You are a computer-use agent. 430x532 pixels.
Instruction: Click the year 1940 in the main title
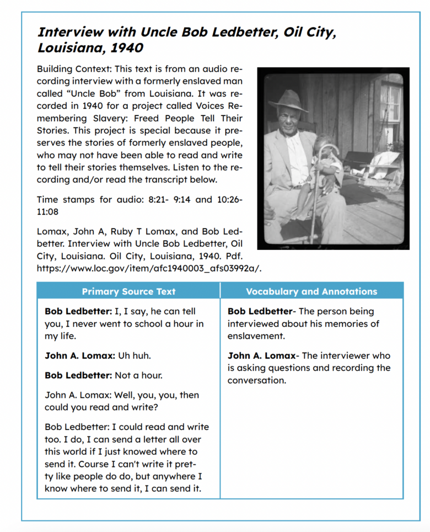click(x=127, y=47)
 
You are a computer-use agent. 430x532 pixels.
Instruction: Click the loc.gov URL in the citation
click(x=149, y=269)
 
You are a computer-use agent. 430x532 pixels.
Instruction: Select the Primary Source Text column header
click(x=128, y=291)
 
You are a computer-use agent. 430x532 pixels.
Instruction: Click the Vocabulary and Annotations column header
click(x=311, y=291)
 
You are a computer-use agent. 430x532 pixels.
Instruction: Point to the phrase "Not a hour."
click(x=138, y=375)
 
